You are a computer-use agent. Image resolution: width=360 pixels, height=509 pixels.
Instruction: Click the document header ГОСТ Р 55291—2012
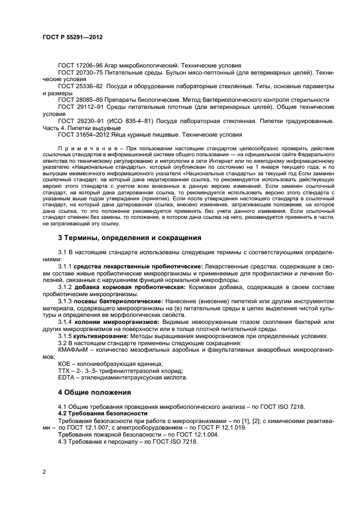tap(72, 38)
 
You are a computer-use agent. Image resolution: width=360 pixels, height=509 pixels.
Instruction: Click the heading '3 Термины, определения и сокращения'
tap(130, 237)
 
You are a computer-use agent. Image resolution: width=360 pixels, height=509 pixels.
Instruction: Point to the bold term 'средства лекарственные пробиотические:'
tap(138, 266)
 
